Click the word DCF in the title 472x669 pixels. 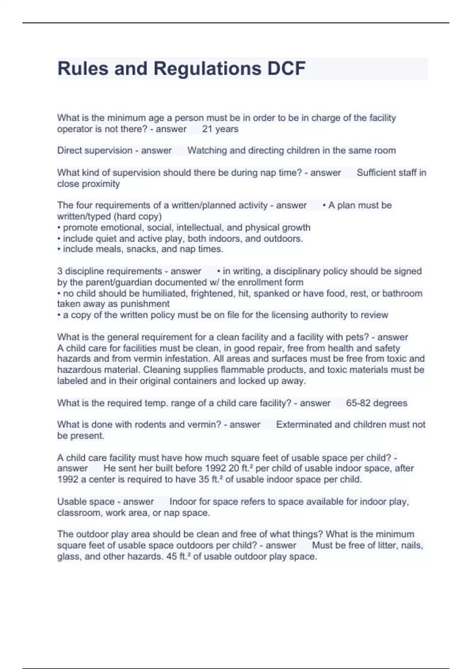click(286, 68)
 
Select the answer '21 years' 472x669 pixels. click(220, 129)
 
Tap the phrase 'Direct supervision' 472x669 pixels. click(94, 151)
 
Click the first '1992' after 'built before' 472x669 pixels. click(216, 468)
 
